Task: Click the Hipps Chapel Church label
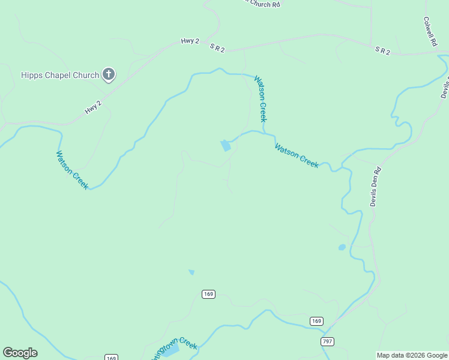point(59,75)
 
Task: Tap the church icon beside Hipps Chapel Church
point(109,74)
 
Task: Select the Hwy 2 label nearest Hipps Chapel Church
point(93,107)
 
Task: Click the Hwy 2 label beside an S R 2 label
point(190,41)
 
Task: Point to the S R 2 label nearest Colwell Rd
point(383,51)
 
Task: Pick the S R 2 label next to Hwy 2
point(217,47)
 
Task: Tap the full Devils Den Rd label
point(376,187)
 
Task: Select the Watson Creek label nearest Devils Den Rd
point(297,155)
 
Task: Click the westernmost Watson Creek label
point(73,170)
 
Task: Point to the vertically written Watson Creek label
point(261,98)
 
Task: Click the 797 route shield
point(327,341)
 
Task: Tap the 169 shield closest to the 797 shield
point(316,321)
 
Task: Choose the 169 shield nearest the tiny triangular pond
point(208,294)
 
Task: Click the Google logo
point(20,353)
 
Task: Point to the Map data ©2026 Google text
point(412,355)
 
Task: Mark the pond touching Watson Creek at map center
point(226,146)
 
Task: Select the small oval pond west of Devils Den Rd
point(342,247)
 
